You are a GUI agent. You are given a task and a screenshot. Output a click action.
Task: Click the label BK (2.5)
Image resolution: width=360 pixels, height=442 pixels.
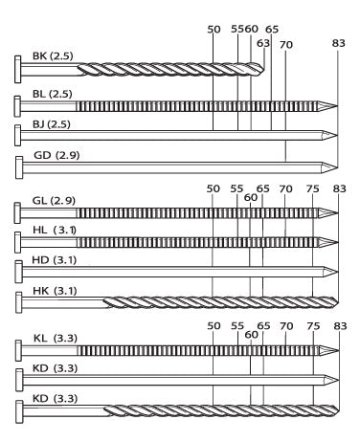pos(53,56)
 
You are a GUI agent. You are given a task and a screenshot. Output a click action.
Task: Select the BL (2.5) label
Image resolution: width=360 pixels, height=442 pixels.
pos(53,94)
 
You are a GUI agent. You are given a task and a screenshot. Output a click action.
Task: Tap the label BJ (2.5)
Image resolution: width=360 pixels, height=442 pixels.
pos(52,124)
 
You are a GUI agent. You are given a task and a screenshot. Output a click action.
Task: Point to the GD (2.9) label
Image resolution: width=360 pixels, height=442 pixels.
pos(56,155)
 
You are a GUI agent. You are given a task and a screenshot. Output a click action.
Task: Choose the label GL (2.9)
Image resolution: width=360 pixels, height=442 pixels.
pos(54,201)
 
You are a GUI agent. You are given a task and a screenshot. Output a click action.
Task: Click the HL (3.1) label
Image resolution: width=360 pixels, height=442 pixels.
pos(55,230)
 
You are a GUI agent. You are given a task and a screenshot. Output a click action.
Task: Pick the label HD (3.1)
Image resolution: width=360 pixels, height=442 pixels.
pos(55,260)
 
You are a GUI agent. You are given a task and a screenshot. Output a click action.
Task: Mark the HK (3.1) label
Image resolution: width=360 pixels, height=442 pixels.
pos(55,291)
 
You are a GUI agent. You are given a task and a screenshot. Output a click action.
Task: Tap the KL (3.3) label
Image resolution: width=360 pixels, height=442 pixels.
pos(56,338)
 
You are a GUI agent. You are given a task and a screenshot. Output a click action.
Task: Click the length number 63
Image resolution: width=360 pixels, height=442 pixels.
pos(263,43)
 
